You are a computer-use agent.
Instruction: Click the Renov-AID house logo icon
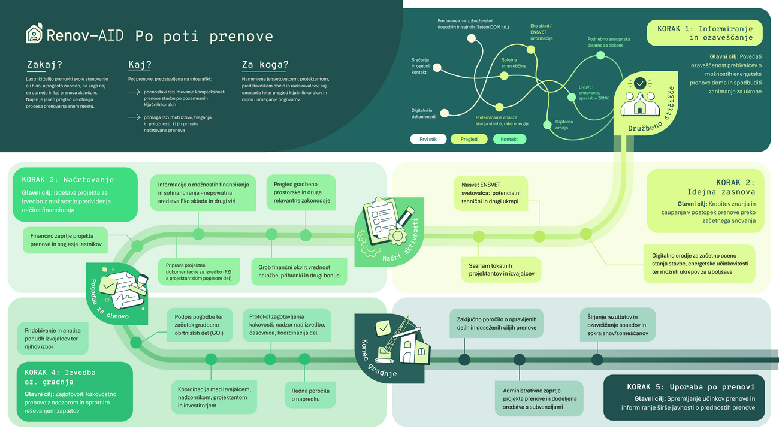click(x=34, y=34)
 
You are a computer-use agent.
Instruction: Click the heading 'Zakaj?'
click(x=45, y=65)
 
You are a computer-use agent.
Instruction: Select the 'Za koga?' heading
click(x=265, y=65)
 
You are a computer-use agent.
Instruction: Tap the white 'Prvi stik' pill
click(x=428, y=139)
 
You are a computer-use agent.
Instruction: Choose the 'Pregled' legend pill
click(x=469, y=139)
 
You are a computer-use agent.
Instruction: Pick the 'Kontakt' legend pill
click(x=509, y=139)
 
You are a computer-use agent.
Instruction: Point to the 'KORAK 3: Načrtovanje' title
click(x=68, y=179)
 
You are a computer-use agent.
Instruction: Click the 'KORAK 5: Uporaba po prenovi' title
click(x=695, y=387)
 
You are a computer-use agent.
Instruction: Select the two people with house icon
click(x=639, y=99)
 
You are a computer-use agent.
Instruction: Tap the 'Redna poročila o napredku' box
click(x=310, y=394)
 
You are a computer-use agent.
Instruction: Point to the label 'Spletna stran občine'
click(x=514, y=62)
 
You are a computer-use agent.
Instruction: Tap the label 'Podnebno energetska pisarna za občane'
click(x=608, y=42)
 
